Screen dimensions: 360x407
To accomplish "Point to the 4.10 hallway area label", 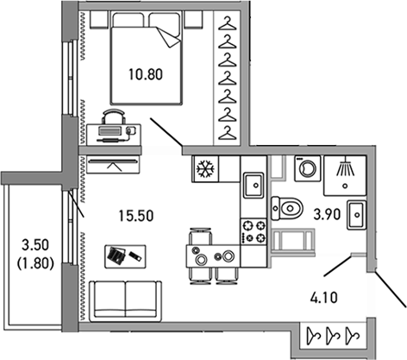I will click(325, 302).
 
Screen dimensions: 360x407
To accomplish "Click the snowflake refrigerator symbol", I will click(207, 167).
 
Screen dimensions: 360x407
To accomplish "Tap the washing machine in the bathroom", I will click(305, 168).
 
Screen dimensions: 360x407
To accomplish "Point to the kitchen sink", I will click(254, 186).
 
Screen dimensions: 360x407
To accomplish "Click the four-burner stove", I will click(254, 231).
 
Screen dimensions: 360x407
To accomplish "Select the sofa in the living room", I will click(126, 299).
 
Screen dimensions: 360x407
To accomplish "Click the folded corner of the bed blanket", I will click(166, 35).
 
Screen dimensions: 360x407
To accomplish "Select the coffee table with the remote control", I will click(119, 256).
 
